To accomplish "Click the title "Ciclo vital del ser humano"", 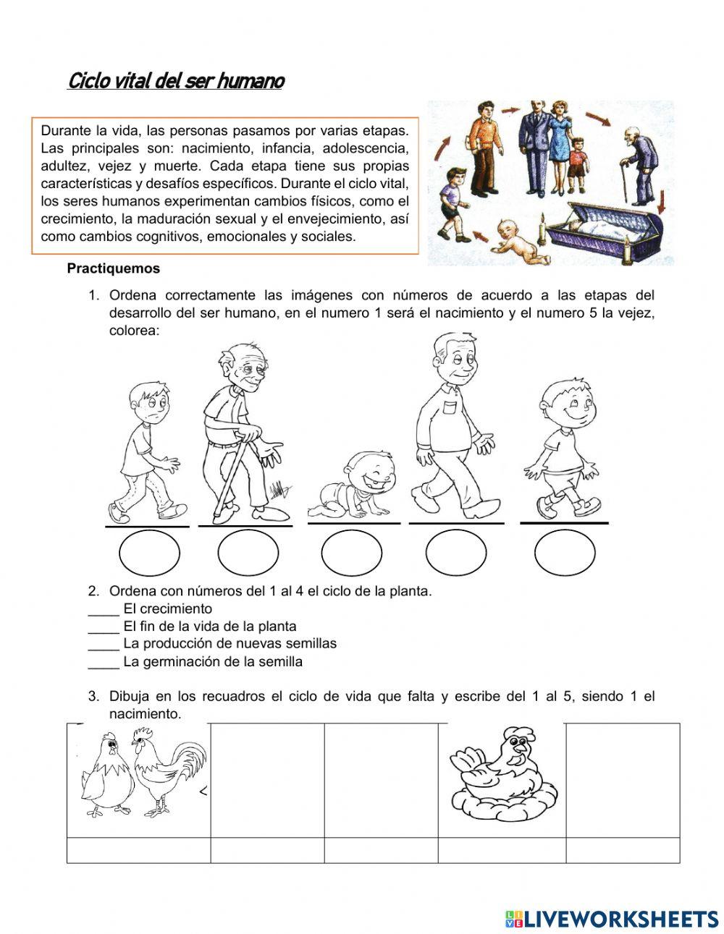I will (x=175, y=80).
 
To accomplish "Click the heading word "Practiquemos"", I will (x=113, y=268).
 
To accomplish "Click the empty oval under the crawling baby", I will (x=351, y=553).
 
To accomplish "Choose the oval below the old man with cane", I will (x=247, y=553).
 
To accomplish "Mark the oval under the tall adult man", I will (x=455, y=553).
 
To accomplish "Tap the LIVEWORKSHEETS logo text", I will (x=612, y=918).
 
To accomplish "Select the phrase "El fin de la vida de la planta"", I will (x=210, y=627).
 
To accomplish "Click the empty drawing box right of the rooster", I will (x=267, y=780).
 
